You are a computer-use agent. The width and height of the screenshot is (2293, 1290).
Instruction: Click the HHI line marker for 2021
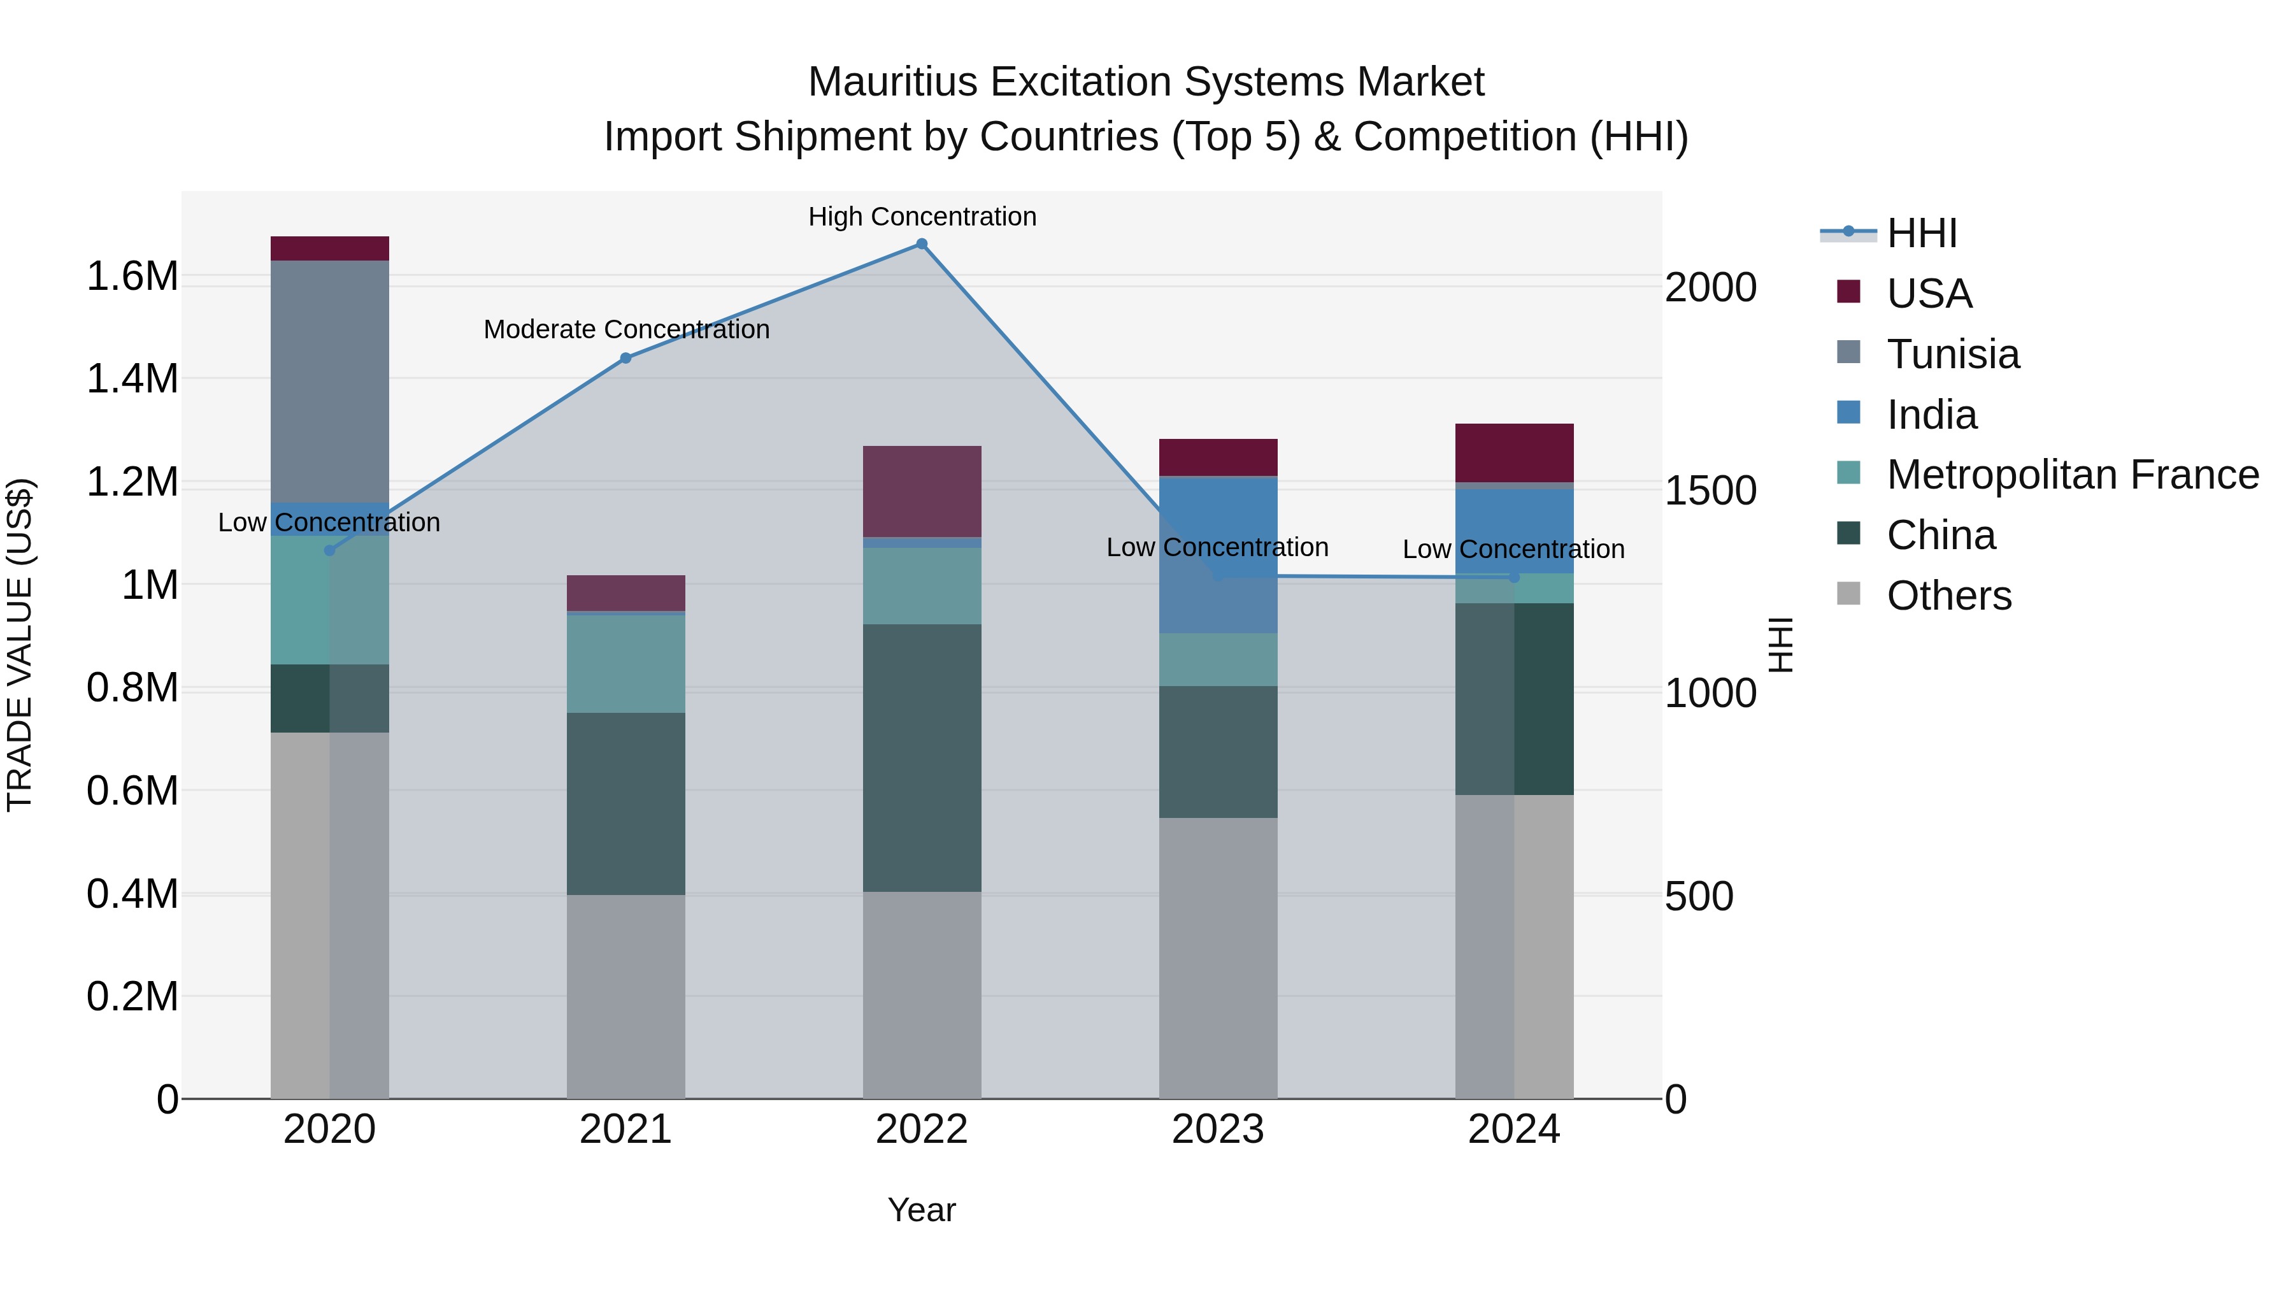click(625, 358)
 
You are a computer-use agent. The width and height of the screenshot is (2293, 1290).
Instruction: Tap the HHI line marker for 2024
click(1514, 577)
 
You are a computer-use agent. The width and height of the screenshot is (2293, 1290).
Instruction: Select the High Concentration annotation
click(922, 217)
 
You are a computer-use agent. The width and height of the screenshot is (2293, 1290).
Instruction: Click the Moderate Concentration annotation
click(625, 329)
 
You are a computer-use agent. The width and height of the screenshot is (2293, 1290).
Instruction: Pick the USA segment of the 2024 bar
click(1514, 452)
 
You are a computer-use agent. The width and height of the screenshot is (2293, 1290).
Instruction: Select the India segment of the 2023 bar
click(1218, 555)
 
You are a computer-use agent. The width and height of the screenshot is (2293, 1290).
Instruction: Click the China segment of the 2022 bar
click(922, 757)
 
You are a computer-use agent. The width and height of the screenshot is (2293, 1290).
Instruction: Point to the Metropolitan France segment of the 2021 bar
click(625, 663)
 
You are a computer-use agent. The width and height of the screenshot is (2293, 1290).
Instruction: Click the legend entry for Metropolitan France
click(2071, 475)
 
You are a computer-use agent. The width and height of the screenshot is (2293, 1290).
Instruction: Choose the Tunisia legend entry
click(1952, 354)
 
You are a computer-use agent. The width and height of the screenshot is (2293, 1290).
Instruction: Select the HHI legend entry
click(1921, 233)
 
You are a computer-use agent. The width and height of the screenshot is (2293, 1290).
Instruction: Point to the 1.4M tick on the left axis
click(132, 378)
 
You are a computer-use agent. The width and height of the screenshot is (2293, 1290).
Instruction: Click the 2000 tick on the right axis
click(1710, 287)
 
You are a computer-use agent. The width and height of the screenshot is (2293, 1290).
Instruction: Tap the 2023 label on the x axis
click(1218, 1129)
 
